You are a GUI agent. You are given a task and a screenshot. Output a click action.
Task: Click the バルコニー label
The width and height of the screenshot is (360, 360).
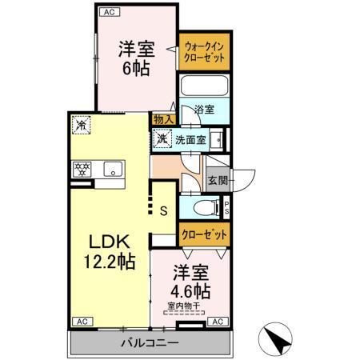coord(150,342)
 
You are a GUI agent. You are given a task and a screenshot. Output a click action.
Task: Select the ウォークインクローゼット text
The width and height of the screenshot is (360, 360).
coord(204,53)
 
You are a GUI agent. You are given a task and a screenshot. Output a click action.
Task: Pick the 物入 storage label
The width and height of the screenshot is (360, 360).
coord(164,118)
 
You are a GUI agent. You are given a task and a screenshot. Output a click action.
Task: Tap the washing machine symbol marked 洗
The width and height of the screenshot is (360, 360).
coord(162,138)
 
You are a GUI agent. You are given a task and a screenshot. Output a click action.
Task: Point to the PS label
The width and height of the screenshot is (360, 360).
coord(227,207)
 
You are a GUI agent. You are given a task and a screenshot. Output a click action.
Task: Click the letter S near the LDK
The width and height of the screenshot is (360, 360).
coord(163,211)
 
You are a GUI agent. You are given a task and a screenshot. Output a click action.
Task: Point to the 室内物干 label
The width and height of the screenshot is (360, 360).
coord(185,306)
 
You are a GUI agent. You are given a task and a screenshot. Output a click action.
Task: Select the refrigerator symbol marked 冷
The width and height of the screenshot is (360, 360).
coord(81,125)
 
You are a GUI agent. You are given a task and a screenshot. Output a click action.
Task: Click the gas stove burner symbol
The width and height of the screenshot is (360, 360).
coord(82,169)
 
